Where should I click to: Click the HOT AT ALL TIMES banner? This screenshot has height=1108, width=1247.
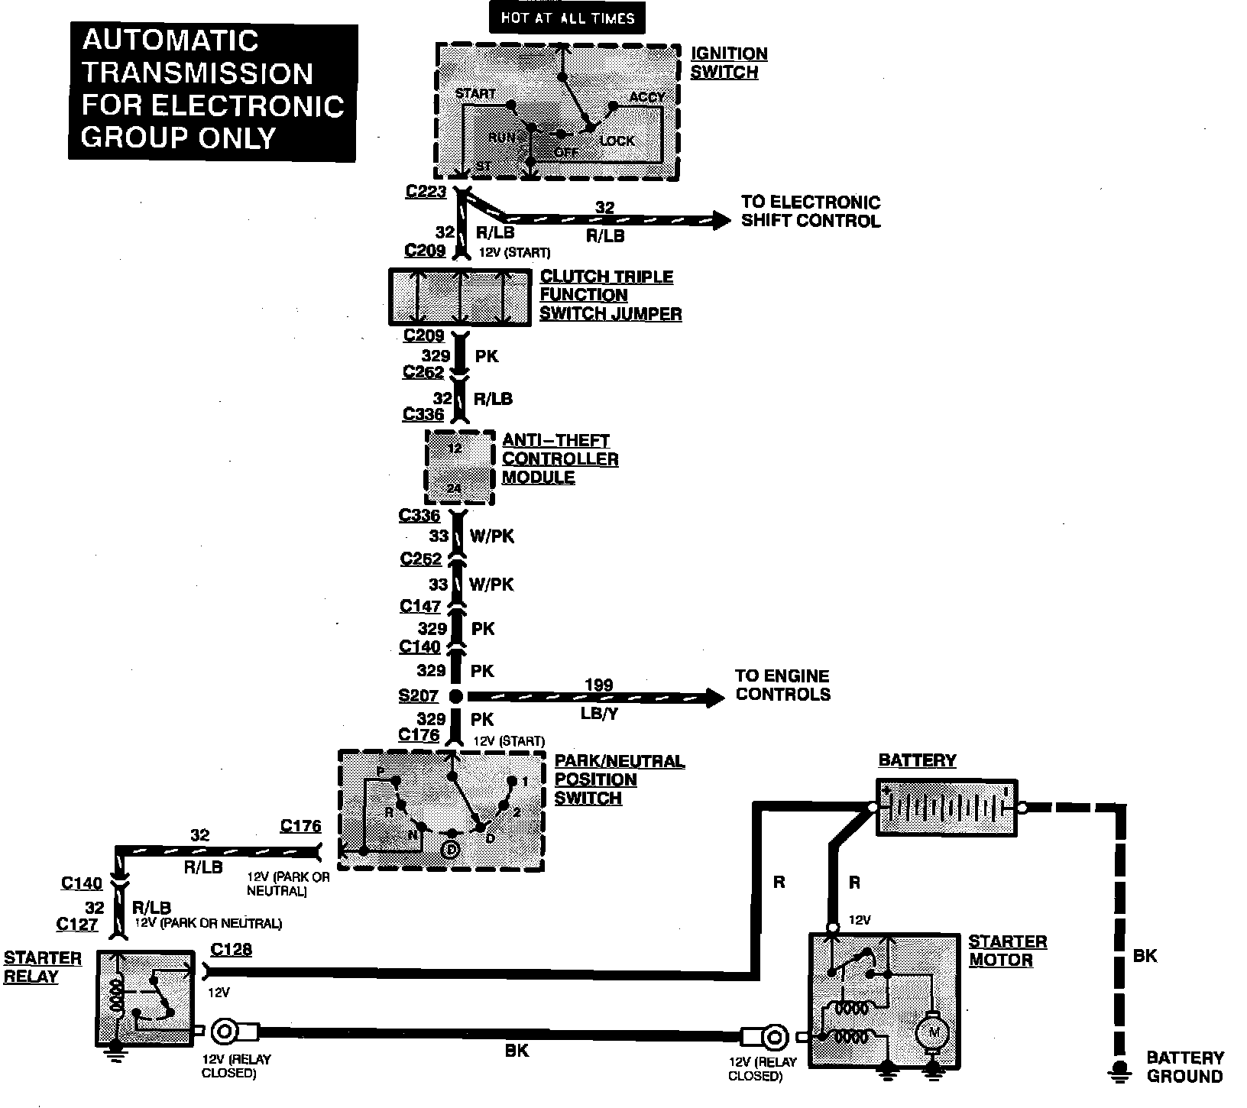coord(567,18)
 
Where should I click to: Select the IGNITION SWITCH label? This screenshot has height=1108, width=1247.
coord(728,63)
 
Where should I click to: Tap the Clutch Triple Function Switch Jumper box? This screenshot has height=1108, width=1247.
coord(459,296)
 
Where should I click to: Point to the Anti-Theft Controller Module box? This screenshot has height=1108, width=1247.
coord(459,467)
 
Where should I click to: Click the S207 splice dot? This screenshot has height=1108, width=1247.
coord(455,696)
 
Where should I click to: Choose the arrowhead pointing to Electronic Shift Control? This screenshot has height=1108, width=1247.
coord(721,220)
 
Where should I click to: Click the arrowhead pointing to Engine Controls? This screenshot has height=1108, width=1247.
coord(714,696)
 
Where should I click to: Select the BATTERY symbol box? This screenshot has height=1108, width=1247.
coord(946,807)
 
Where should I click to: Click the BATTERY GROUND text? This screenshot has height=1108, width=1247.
coord(1184,1067)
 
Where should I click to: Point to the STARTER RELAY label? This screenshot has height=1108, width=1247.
coord(42,967)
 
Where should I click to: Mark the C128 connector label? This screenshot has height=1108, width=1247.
coord(231,950)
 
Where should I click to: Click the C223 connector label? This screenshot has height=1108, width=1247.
coord(426,192)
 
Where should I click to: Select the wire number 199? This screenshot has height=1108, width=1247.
coord(598,685)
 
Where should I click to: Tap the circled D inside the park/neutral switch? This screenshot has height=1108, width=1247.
coord(451,849)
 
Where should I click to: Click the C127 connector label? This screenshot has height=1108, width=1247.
coord(77,925)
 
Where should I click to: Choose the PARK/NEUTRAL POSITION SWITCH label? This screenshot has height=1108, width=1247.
coord(619,779)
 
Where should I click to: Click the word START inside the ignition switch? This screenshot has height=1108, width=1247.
coord(475,94)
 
